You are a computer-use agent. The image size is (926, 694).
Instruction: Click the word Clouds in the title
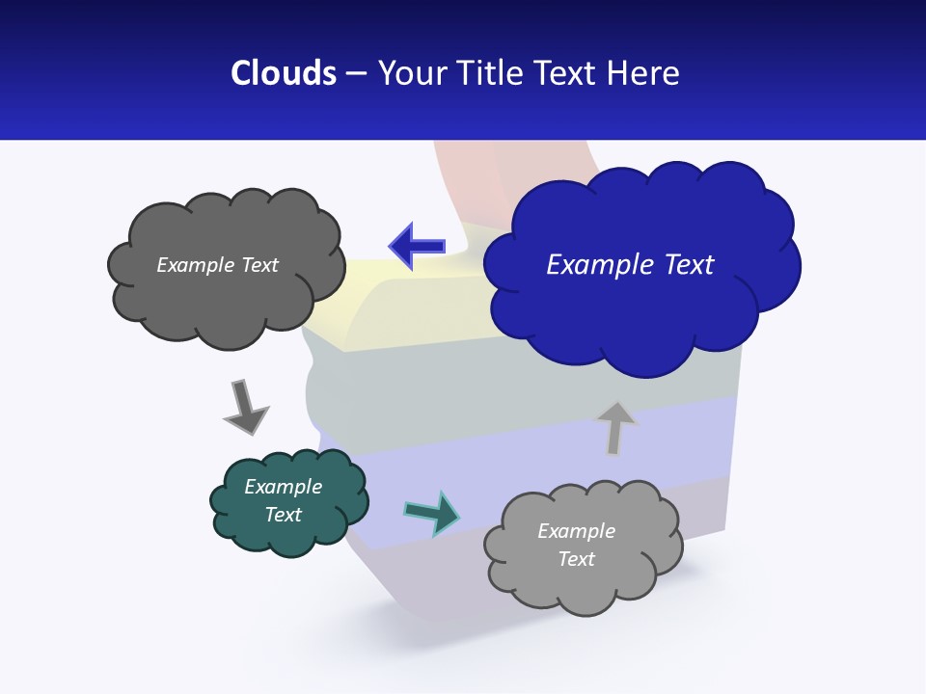point(284,73)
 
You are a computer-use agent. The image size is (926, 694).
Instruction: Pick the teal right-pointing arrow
point(432,513)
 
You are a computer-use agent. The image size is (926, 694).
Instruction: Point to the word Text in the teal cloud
point(283,515)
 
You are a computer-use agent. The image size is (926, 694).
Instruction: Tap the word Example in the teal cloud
point(283,487)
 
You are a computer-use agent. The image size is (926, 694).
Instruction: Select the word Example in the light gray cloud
point(576,531)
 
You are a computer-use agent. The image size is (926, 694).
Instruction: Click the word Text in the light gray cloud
point(576,559)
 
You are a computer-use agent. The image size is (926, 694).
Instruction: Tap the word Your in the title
point(405,73)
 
